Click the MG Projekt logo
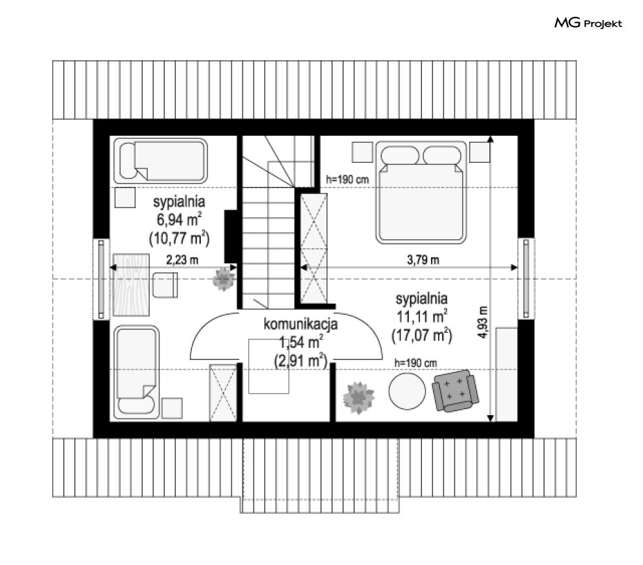[588, 23]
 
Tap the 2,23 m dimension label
[182, 260]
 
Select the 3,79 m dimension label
[423, 260]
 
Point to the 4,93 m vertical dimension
[484, 322]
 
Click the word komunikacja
[300, 324]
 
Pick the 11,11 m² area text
[421, 316]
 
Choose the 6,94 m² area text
[179, 220]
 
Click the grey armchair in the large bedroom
[455, 390]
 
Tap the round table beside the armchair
[407, 391]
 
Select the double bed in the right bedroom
[421, 193]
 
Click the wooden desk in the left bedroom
[131, 284]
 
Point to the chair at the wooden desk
[165, 284]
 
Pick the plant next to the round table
[359, 398]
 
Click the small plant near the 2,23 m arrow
[224, 279]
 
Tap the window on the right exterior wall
[526, 279]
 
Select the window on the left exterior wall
[101, 279]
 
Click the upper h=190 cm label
[347, 179]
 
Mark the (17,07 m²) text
[421, 336]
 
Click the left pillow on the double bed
[400, 156]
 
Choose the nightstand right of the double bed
[480, 152]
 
